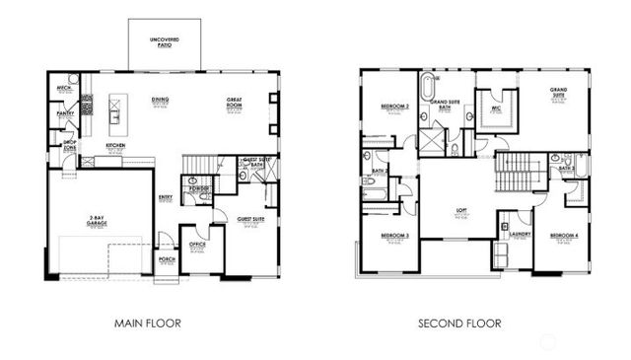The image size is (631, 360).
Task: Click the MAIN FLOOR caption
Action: tap(147, 323)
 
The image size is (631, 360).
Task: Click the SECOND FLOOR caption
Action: tap(459, 323)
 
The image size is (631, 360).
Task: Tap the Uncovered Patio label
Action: tap(165, 40)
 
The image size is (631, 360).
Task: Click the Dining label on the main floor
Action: tap(159, 100)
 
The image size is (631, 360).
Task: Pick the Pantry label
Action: tap(65, 113)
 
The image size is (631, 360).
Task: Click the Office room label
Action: tap(196, 245)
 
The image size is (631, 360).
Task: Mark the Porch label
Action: tap(168, 260)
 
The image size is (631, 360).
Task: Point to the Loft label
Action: tap(460, 209)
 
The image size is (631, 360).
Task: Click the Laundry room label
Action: tap(521, 234)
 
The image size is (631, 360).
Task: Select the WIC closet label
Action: tap(496, 97)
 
